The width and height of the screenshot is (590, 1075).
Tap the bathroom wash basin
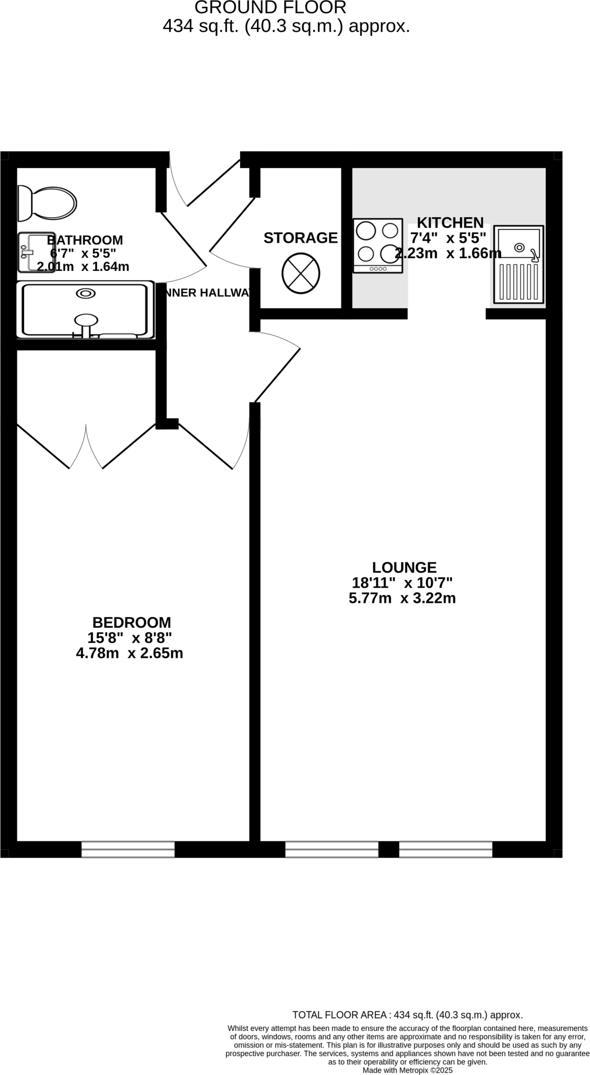(36, 253)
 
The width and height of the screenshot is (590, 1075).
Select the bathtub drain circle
(86, 293)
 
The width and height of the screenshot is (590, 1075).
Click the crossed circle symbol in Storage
(301, 272)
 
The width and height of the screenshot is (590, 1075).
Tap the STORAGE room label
(301, 238)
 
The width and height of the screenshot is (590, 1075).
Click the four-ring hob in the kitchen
(377, 246)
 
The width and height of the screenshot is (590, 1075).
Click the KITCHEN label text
(450, 223)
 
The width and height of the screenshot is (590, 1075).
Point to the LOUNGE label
(404, 567)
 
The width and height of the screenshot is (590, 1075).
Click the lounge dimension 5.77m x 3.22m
(402, 598)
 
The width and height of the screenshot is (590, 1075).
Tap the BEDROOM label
(131, 623)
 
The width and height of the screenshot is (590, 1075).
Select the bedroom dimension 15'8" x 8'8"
(130, 638)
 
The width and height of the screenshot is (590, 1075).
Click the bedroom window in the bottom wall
(128, 849)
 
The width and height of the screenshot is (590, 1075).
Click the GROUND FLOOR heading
(270, 8)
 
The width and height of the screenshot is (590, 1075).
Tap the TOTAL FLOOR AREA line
(407, 1015)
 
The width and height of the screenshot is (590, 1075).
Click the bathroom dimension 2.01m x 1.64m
(83, 267)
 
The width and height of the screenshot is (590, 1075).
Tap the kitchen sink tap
(534, 256)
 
